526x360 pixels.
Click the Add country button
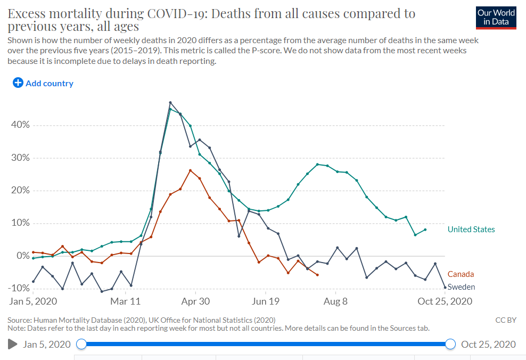pyautogui.click(x=43, y=83)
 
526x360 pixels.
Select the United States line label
pyautogui.click(x=471, y=230)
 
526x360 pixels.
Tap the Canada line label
pyautogui.click(x=461, y=274)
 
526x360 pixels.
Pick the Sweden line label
pyautogui.click(x=461, y=287)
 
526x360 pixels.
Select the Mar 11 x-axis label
pyautogui.click(x=126, y=301)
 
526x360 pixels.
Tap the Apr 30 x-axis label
pyautogui.click(x=195, y=301)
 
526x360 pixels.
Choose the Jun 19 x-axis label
pyautogui.click(x=266, y=301)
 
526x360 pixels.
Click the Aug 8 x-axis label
pyautogui.click(x=336, y=301)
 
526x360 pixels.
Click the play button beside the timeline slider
pyautogui.click(x=13, y=345)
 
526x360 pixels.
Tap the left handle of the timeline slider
pyautogui.click(x=81, y=344)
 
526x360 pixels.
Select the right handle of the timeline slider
pyautogui.click(x=450, y=344)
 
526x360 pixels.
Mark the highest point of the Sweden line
pyautogui.click(x=170, y=102)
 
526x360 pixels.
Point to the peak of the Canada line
pyautogui.click(x=190, y=170)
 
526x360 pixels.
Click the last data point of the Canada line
pyautogui.click(x=317, y=275)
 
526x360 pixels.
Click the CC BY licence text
pyautogui.click(x=505, y=320)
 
